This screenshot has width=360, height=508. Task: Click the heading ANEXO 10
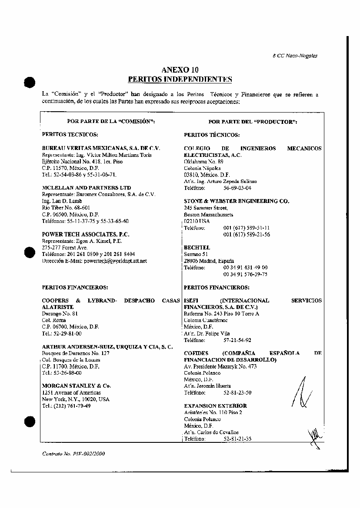click(180, 70)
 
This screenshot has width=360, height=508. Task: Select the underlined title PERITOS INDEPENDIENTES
click(180, 79)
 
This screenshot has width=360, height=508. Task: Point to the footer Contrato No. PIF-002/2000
click(73, 454)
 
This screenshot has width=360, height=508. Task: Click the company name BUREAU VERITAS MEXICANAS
click(101, 148)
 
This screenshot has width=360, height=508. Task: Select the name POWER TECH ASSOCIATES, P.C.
click(86, 234)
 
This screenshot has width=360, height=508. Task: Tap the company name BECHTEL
click(197, 248)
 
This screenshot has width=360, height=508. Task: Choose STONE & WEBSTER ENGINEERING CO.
click(237, 201)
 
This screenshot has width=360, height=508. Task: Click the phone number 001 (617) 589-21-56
click(247, 235)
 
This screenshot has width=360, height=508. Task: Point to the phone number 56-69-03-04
click(237, 188)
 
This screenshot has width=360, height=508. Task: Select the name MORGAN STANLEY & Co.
click(77, 386)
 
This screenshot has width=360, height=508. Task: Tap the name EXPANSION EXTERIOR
click(215, 406)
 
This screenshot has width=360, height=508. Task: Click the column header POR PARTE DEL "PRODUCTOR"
click(253, 122)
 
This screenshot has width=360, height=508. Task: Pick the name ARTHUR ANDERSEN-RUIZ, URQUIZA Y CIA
click(107, 347)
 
